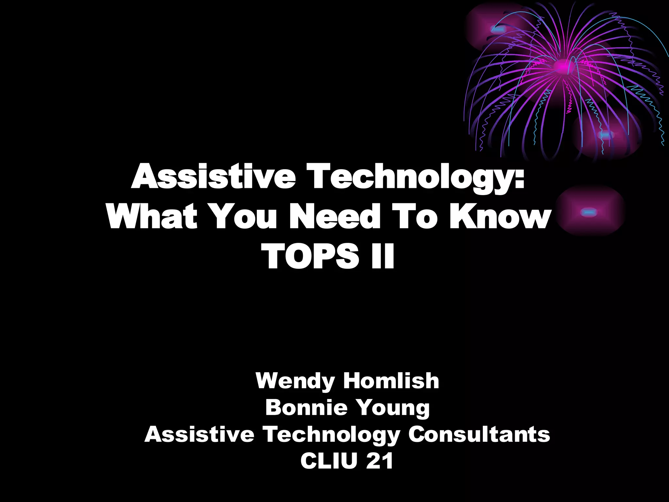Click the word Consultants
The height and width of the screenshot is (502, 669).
point(479,434)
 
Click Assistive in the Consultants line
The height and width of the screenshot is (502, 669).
point(199,434)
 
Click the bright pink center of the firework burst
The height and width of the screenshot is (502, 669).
point(563,67)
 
